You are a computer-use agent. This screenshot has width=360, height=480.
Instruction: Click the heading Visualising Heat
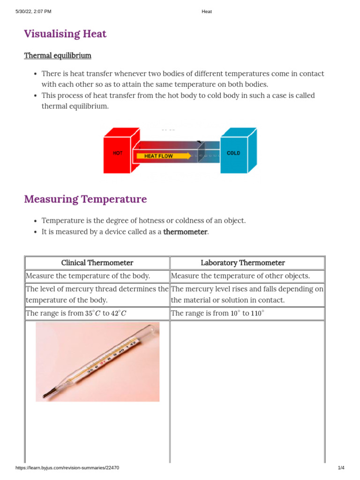[65, 34]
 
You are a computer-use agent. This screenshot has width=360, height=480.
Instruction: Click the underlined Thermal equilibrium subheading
[58, 56]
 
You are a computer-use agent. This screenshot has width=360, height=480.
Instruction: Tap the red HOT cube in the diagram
[118, 153]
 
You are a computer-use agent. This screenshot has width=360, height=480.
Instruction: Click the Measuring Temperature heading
[85, 199]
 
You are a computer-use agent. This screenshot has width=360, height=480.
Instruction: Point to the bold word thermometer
[185, 232]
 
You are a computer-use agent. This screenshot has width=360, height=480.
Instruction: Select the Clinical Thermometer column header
[97, 263]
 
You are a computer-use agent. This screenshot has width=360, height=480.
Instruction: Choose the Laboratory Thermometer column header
[243, 263]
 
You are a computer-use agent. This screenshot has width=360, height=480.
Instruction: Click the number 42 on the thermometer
[133, 344]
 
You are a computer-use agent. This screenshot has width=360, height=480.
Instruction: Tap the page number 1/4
[341, 468]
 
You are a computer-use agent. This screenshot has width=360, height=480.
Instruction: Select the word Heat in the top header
[206, 12]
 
